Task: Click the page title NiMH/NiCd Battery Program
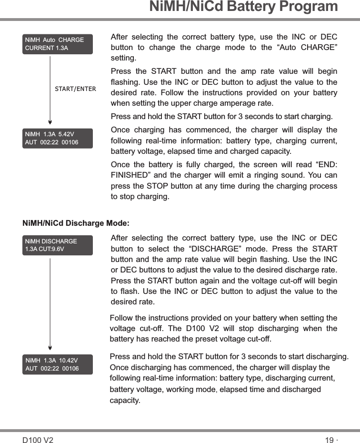(243, 7)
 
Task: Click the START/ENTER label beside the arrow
(75, 89)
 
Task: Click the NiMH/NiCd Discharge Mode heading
(76, 223)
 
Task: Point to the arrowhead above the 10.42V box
(50, 347)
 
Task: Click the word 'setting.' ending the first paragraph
(123, 59)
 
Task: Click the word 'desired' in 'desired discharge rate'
(253, 271)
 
